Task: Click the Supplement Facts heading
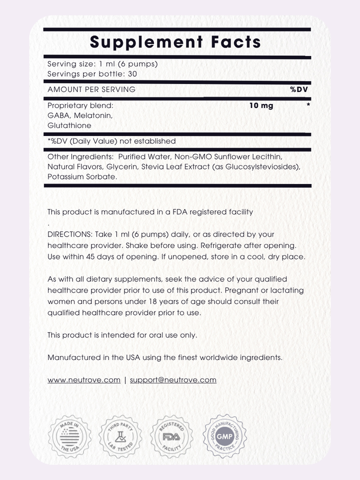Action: pyautogui.click(x=175, y=42)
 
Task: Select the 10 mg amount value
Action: pyautogui.click(x=261, y=106)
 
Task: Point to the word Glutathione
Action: pyautogui.click(x=69, y=125)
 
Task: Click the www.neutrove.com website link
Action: pyautogui.click(x=84, y=380)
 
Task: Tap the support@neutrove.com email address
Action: pyautogui.click(x=173, y=380)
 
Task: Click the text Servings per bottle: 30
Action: pyautogui.click(x=92, y=74)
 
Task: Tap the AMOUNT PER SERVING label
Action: pyautogui.click(x=91, y=89)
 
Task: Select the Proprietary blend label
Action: pyautogui.click(x=80, y=106)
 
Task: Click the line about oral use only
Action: pyautogui.click(x=122, y=335)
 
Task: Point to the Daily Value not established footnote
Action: pyautogui.click(x=111, y=141)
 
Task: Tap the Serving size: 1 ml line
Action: pyautogui.click(x=102, y=64)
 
